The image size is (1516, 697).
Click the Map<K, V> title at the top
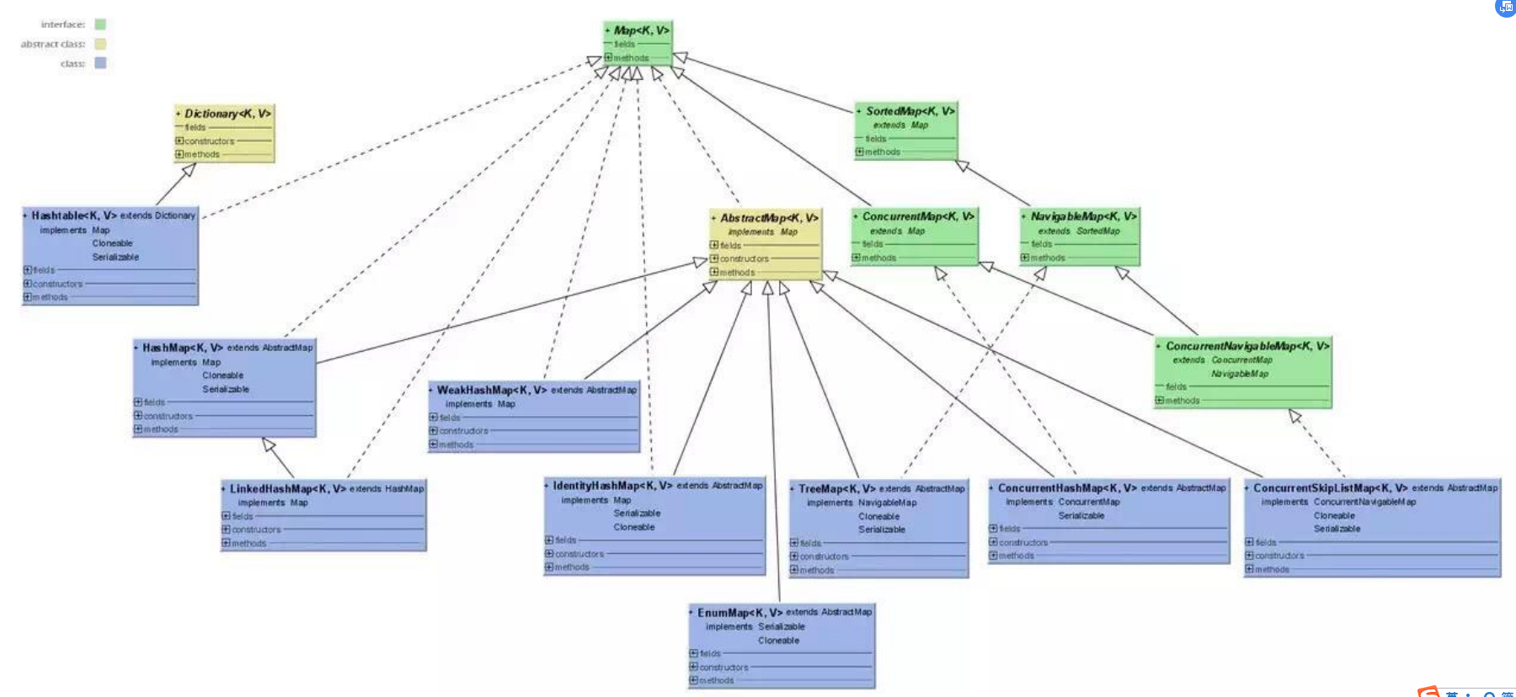coord(641,30)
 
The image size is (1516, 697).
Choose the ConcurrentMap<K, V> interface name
coord(917,216)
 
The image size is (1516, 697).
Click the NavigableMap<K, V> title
coord(1083,216)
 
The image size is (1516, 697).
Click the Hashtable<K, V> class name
coord(74,215)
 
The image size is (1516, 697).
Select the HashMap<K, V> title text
coord(182,348)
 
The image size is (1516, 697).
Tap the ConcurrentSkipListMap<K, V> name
coord(1330,487)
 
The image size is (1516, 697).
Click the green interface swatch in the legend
coord(100,24)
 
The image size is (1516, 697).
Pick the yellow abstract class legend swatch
coord(100,44)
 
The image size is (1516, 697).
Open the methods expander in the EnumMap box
coord(693,680)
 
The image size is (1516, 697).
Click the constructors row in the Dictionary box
coord(209,141)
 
